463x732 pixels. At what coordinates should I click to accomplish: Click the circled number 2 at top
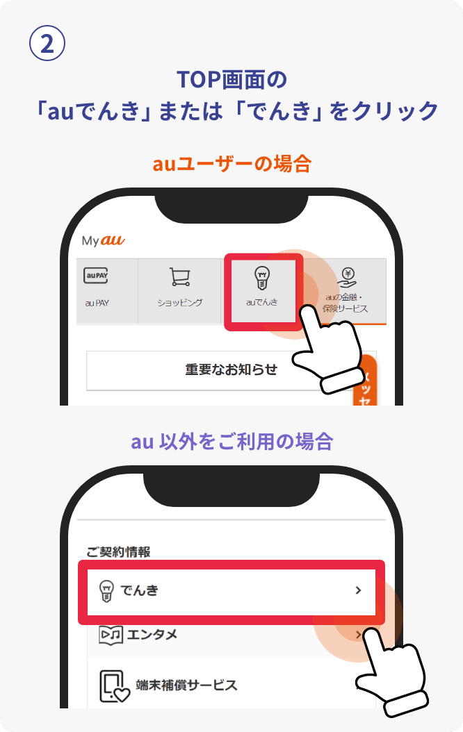point(47,44)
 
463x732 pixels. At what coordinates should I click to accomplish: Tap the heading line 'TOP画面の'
point(231,79)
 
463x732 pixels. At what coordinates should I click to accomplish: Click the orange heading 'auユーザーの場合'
point(231,164)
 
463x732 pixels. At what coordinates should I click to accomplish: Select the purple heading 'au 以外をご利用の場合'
point(231,441)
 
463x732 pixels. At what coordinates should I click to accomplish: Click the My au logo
point(103,240)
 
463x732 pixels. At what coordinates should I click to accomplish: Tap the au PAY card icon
point(96,276)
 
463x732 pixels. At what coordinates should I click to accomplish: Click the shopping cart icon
point(180,277)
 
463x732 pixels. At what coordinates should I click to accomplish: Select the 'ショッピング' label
point(180,303)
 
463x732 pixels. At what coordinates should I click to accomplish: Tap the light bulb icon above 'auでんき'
point(262,277)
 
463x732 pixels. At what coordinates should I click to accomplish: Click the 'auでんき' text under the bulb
point(262,302)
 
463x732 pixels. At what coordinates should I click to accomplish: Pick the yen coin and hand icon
point(346,277)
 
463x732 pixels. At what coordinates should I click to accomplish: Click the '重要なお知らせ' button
point(231,369)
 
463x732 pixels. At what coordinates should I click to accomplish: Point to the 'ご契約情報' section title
point(118,551)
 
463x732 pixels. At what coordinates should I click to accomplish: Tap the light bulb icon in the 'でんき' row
point(106,591)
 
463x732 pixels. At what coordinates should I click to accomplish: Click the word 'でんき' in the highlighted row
point(139,591)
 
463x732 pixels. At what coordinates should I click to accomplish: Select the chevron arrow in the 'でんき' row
point(358,590)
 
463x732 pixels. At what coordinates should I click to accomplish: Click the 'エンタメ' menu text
point(152,634)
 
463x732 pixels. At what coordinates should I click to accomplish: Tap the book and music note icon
point(111,634)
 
